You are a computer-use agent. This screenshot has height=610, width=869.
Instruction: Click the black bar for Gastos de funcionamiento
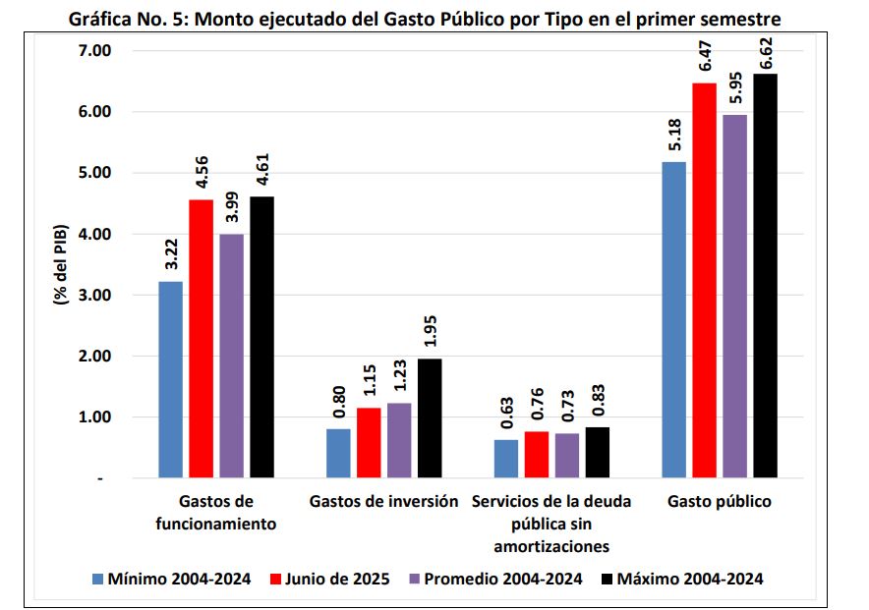[261, 338]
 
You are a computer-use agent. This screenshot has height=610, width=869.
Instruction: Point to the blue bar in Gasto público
[674, 320]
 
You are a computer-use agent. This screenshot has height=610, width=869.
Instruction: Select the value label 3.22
[170, 257]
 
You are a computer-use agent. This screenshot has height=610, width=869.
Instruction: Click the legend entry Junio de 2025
[332, 580]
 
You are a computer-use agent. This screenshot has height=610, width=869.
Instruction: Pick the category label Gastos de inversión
[383, 502]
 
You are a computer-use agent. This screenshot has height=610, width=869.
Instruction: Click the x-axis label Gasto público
[720, 502]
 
